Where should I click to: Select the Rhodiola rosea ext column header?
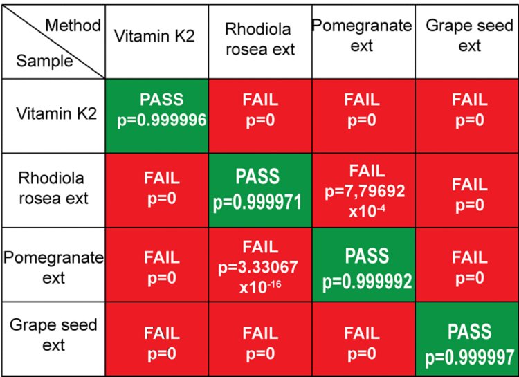click(259, 39)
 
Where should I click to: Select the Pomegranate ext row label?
click(53, 266)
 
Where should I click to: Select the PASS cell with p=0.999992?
click(363, 266)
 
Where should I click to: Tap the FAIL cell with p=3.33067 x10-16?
click(259, 266)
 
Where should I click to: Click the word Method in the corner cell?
click(72, 26)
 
